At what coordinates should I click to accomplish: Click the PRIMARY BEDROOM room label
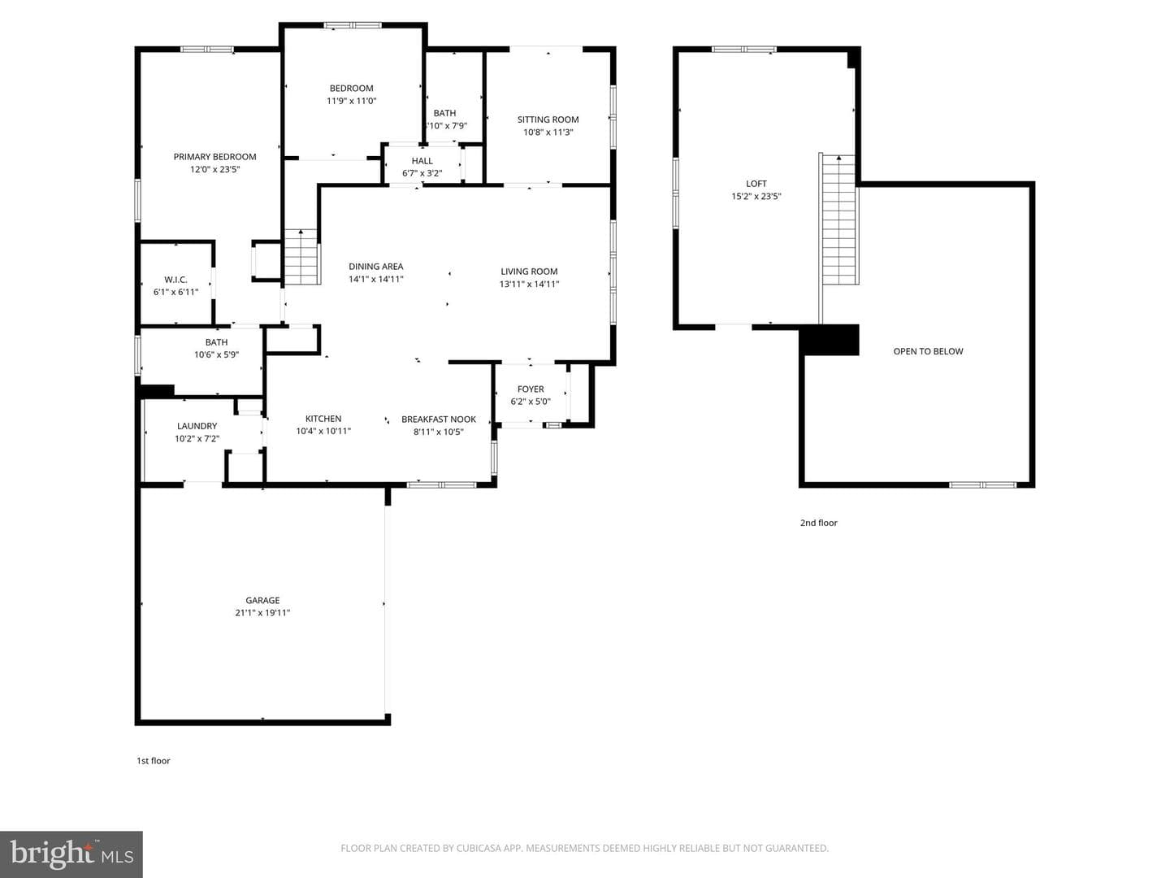[214, 157]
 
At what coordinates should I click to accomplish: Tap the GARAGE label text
[262, 600]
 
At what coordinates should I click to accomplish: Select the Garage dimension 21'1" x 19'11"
[262, 613]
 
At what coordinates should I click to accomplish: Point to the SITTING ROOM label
[548, 120]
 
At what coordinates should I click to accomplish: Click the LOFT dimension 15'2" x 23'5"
[756, 196]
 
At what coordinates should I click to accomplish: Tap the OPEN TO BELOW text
[928, 351]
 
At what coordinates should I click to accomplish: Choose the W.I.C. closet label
[175, 280]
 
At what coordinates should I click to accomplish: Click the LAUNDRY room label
[197, 426]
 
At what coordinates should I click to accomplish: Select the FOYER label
[531, 389]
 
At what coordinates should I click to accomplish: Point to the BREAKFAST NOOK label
[439, 419]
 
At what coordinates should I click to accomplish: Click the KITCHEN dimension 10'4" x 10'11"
[323, 431]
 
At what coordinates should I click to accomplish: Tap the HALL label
[422, 161]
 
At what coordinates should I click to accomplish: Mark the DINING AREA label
[376, 267]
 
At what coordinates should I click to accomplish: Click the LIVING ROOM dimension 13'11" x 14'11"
[529, 285]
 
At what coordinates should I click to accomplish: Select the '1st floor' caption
[153, 761]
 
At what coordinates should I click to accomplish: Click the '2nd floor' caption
[818, 523]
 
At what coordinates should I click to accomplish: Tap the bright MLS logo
[71, 854]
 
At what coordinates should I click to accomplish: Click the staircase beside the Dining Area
[301, 256]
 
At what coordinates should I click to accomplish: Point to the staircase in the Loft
[839, 219]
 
